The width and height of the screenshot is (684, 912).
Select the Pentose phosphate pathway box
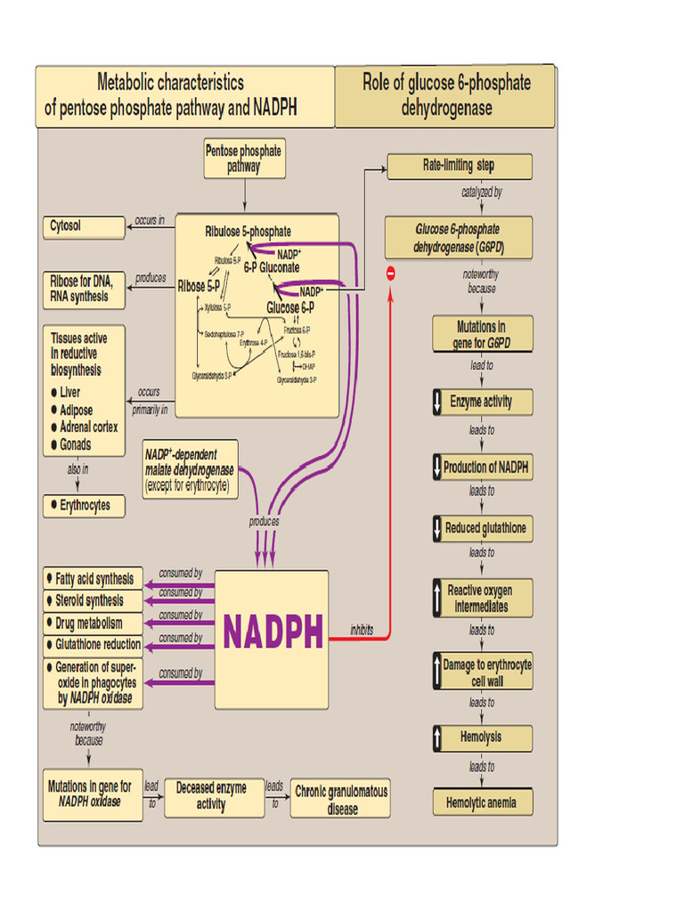point(243,159)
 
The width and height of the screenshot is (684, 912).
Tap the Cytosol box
point(84,227)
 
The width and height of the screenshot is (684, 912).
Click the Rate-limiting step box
point(459,166)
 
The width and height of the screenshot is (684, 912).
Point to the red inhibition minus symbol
point(389,273)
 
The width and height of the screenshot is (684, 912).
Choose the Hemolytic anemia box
point(482,802)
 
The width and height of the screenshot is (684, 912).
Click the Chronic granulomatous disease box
point(341,799)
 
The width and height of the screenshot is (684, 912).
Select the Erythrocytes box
point(84,506)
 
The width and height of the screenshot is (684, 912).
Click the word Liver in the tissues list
point(69,392)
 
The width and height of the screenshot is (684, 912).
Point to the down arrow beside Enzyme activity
point(437,402)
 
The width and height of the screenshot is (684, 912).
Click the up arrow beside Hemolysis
point(437,737)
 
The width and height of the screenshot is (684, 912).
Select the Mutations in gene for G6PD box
point(482,335)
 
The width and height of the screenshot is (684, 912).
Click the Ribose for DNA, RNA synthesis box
point(84,289)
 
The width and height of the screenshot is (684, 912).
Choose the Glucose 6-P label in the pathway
point(290,308)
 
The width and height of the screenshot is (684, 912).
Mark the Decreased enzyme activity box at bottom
point(214,797)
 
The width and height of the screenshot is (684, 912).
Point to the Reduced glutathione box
point(482,528)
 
